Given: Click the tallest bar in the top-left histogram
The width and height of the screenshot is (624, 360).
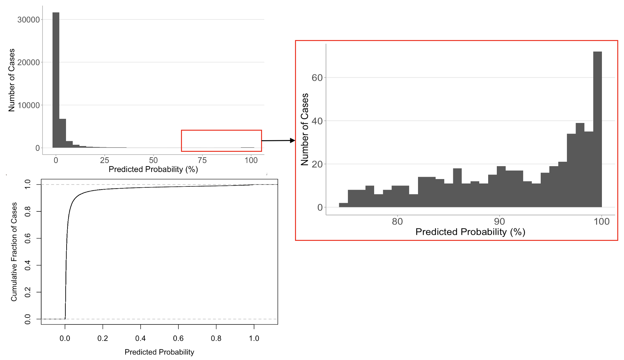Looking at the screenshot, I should click(x=56, y=80).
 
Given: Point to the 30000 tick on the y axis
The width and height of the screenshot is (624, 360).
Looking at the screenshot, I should click(x=29, y=20).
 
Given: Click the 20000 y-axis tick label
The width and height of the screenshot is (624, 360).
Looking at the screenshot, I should click(x=29, y=62).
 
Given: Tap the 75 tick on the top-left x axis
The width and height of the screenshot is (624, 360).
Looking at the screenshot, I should click(x=202, y=160).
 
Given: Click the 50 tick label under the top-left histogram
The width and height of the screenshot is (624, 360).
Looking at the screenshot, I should click(x=153, y=160).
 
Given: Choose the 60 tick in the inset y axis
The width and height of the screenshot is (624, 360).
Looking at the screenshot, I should click(x=317, y=78).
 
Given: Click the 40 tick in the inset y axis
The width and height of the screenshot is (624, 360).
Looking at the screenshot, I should click(x=317, y=121).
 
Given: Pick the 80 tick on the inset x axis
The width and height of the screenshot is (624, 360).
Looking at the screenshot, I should click(x=397, y=222).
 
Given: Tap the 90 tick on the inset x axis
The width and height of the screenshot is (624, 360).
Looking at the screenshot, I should click(x=499, y=222).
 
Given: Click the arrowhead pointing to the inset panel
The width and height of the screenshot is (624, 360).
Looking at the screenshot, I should click(x=292, y=140).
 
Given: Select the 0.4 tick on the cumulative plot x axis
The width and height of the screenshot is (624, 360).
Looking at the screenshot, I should click(x=140, y=339).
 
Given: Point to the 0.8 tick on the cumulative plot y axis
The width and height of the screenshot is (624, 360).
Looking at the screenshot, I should click(x=28, y=211).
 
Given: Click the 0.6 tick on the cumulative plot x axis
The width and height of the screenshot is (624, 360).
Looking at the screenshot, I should click(x=178, y=339).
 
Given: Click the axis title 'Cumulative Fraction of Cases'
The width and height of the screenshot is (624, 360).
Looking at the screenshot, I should click(x=14, y=252).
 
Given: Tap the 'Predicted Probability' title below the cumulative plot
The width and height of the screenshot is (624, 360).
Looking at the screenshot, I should click(x=159, y=352).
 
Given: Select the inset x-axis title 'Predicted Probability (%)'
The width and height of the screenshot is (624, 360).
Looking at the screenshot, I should click(x=470, y=232).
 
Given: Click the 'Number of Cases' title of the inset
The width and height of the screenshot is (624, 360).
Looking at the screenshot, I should click(x=305, y=129).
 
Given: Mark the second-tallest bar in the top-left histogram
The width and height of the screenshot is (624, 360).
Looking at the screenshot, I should click(x=62, y=133).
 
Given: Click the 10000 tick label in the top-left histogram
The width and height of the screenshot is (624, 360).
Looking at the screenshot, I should click(x=29, y=105).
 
